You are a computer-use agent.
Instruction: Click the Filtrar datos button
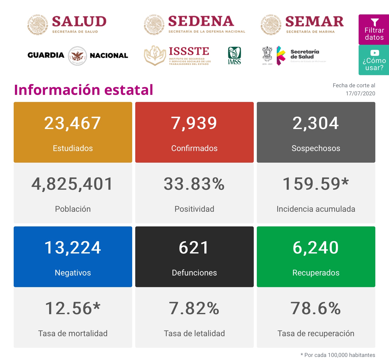pyautogui.click(x=374, y=30)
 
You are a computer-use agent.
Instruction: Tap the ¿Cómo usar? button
pyautogui.click(x=374, y=60)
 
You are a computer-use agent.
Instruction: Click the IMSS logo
pyautogui.click(x=234, y=56)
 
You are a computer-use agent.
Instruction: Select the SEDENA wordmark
pyautogui.click(x=201, y=21)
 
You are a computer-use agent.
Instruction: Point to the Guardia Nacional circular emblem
pyautogui.click(x=77, y=56)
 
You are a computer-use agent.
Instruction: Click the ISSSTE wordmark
pyautogui.click(x=189, y=51)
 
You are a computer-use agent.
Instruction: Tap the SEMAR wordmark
pyautogui.click(x=314, y=22)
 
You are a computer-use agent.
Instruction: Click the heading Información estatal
pyautogui.click(x=84, y=90)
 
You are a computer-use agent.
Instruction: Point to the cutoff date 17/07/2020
pyautogui.click(x=360, y=93)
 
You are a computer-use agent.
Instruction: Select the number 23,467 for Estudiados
pyautogui.click(x=73, y=123)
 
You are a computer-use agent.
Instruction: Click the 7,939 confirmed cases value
pyautogui.click(x=194, y=123)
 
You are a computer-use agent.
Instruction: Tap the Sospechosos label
pyautogui.click(x=316, y=148)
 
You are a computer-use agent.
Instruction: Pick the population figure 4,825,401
pyautogui.click(x=72, y=184)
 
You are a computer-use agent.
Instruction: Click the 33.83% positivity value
pyautogui.click(x=194, y=184)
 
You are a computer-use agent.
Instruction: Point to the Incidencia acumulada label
pyautogui.click(x=316, y=209)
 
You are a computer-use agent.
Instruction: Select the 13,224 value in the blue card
pyautogui.click(x=73, y=248)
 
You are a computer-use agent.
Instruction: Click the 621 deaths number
pyautogui.click(x=194, y=248)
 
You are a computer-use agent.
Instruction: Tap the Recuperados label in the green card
pyautogui.click(x=316, y=273)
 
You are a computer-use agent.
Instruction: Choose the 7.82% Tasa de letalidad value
pyautogui.click(x=194, y=308)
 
